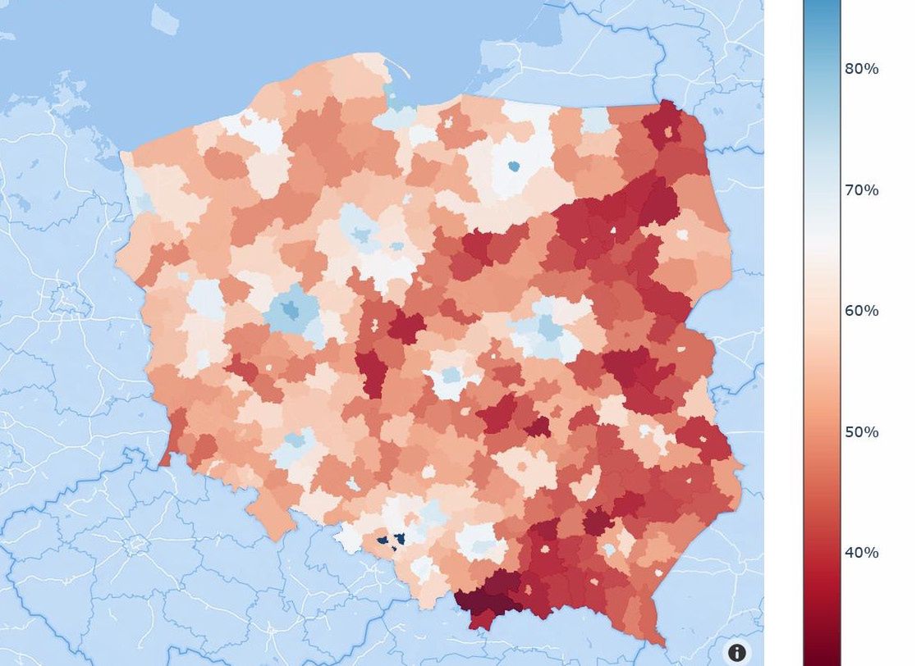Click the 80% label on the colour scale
tap(861, 69)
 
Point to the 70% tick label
tap(861, 190)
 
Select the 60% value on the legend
tap(861, 311)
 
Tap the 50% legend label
tap(861, 432)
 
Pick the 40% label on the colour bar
tap(861, 553)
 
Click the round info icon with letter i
tap(737, 652)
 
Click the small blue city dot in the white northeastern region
tap(514, 166)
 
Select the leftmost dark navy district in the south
tap(382, 540)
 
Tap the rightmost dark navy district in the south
tap(400, 539)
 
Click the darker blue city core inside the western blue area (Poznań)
tap(289, 310)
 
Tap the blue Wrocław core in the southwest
tap(295, 441)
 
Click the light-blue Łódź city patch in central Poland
tap(449, 376)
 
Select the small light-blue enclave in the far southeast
tap(609, 549)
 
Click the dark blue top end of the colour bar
tap(821, 8)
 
